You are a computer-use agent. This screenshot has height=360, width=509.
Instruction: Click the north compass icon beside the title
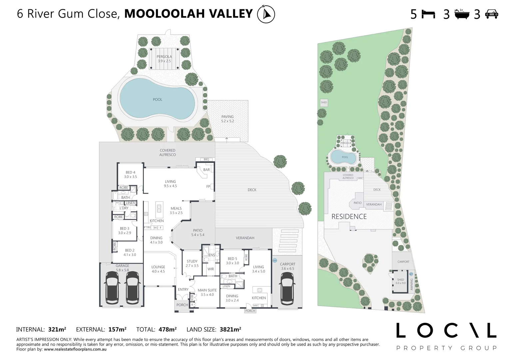coord(266,14)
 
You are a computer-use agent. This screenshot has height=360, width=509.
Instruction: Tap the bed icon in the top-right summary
coord(428,14)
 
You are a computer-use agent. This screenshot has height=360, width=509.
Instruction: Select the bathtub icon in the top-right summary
coord(462,14)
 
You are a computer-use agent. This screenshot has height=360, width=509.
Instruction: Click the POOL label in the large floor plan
coord(157,100)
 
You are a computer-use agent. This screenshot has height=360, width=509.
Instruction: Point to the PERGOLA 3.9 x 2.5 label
coord(164,59)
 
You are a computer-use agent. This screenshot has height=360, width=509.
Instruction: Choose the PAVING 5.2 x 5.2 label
coord(228,119)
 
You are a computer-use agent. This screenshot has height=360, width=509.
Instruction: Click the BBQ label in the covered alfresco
coord(206,159)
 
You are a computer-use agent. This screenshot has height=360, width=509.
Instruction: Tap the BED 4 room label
coord(131,175)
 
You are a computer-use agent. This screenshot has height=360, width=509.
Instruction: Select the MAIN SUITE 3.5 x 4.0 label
coord(207,292)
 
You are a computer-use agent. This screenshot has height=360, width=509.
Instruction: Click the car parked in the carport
coord(287,289)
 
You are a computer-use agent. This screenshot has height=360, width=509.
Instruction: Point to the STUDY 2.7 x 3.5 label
coord(192,264)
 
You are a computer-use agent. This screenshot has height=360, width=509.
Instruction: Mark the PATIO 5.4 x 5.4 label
coord(198,233)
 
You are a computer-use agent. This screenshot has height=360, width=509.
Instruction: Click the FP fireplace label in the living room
coord(208,187)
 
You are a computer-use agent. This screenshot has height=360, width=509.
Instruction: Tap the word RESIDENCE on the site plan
coord(349,217)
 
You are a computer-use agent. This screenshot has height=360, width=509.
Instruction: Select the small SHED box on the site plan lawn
coord(324,102)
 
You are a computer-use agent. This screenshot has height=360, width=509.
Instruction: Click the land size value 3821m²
coord(230,330)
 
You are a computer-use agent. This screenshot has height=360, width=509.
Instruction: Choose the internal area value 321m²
coord(57,330)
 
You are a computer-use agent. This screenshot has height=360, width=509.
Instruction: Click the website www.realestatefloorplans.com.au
coord(75,349)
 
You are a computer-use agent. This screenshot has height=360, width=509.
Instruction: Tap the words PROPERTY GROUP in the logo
coord(446,348)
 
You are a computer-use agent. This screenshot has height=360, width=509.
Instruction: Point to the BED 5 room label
coord(232,261)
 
